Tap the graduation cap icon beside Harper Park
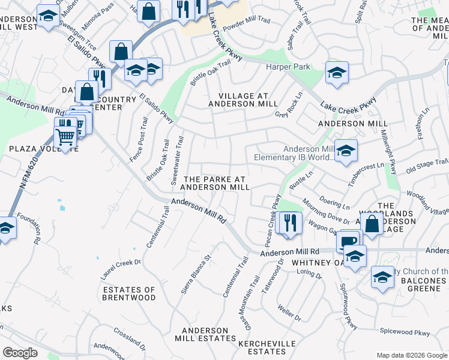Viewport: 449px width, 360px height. point(337,73)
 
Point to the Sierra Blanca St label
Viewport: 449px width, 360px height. point(197,275)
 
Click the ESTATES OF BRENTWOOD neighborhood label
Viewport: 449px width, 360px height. point(129,293)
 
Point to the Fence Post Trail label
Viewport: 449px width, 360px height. point(138,139)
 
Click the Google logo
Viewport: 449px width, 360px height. point(20,353)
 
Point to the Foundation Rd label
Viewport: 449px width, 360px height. point(29,229)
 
